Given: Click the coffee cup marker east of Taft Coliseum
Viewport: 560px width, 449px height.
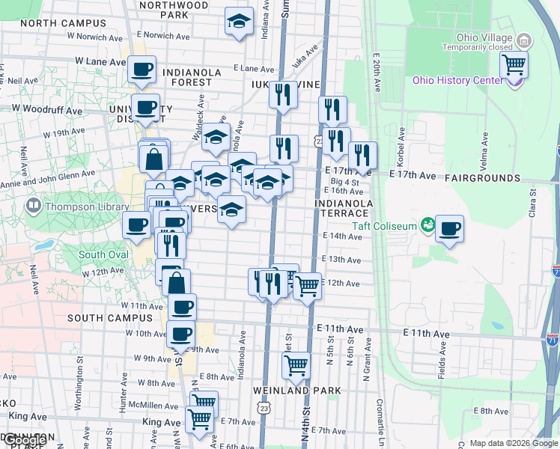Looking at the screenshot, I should pyautogui.click(x=449, y=230).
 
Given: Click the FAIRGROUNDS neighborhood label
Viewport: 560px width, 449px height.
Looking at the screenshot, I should pyautogui.click(x=481, y=178).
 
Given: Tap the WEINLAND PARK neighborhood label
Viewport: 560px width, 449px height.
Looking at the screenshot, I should pyautogui.click(x=296, y=391).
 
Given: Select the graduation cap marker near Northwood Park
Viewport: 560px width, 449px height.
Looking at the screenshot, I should pyautogui.click(x=239, y=22).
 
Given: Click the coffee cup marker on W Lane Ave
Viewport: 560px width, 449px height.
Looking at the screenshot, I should pyautogui.click(x=141, y=70).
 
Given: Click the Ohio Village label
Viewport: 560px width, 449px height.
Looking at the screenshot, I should pyautogui.click(x=484, y=38).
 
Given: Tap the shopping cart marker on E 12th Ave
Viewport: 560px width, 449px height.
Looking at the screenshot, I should pyautogui.click(x=307, y=286).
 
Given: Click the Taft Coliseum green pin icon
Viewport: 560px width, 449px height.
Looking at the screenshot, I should pyautogui.click(x=427, y=224).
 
